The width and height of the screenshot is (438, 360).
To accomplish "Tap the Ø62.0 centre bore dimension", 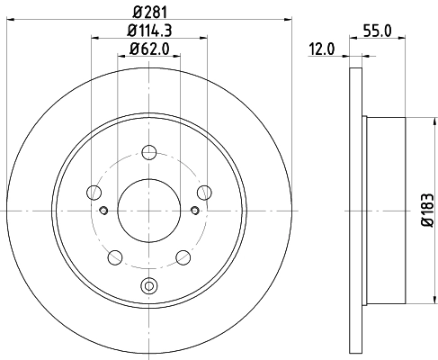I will coord(148,49).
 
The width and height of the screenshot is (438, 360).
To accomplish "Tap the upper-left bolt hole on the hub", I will coord(94,191).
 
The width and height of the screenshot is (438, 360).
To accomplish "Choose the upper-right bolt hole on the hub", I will coord(204,191).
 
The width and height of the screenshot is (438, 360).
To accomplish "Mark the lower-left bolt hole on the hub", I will coord(114,256).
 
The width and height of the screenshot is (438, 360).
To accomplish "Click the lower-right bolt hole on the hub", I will coord(183,256).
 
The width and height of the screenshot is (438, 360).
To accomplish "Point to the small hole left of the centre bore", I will coord(103,211).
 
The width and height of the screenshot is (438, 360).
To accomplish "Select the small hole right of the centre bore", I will coord(193,211).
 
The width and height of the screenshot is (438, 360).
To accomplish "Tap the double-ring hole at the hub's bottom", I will coord(148,287).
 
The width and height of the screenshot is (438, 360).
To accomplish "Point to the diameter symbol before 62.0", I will coord(132,49).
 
